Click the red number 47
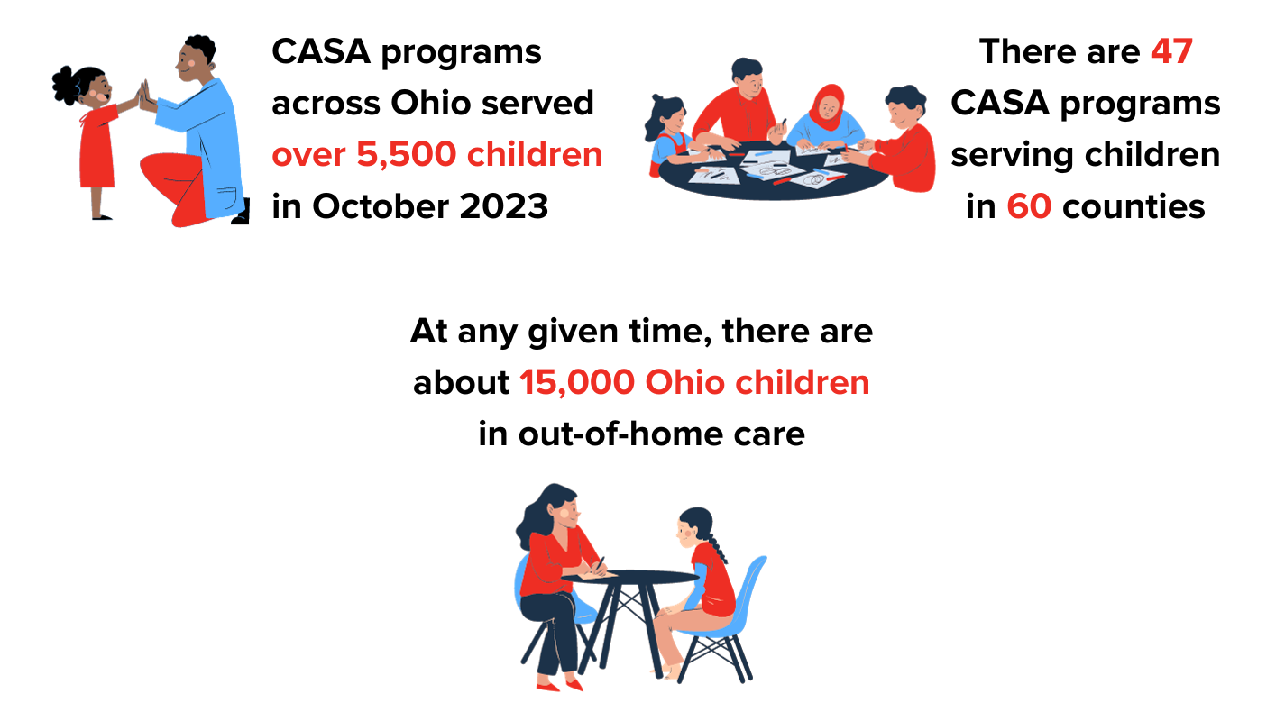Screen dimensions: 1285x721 coord(1172,51)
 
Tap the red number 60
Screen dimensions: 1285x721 coord(1029,206)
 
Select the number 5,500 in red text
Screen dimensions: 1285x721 coord(406,155)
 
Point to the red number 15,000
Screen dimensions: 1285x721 coord(576,383)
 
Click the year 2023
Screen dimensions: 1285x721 coord(504,206)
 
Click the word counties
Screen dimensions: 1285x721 coord(1134,206)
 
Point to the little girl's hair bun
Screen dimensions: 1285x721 coord(66,86)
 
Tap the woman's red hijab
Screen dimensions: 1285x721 coord(827,106)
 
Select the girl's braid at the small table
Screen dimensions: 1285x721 coord(716,544)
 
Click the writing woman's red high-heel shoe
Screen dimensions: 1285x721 coord(548,686)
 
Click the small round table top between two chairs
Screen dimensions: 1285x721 coord(631,577)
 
